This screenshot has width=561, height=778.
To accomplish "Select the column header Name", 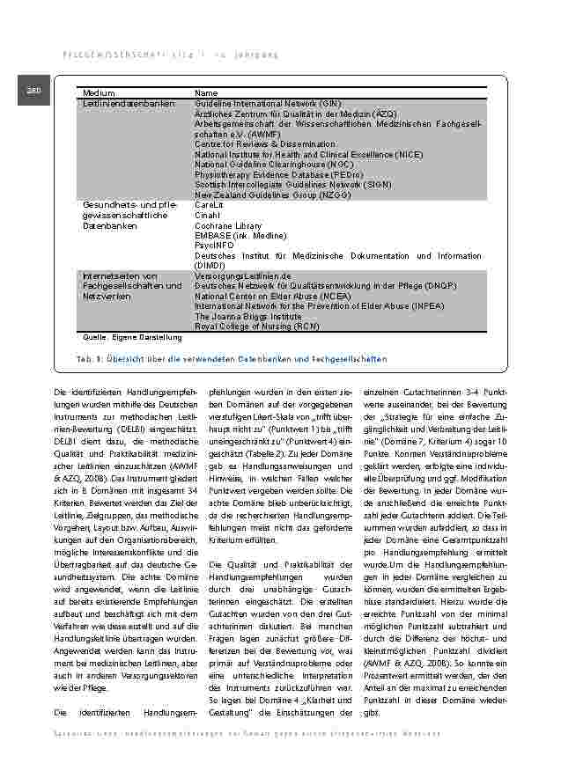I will click(206, 92).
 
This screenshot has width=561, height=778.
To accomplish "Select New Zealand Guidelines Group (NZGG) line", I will click(265, 194).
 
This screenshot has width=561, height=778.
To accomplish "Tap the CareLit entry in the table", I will click(208, 205).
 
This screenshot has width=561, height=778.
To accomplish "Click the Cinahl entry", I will click(207, 215).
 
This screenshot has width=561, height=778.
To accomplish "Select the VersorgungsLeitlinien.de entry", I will click(249, 276).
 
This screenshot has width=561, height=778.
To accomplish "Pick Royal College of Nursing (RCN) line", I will click(256, 327).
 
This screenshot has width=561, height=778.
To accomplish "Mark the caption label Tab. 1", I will click(91, 359).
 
